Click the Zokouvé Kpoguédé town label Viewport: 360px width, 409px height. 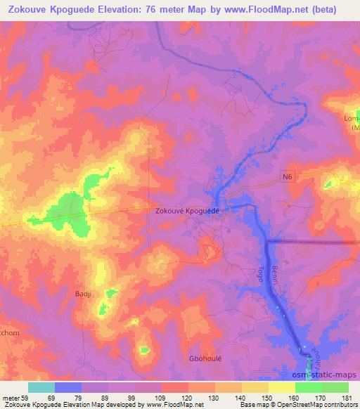(x=187, y=211)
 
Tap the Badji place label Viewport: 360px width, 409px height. (x=84, y=294)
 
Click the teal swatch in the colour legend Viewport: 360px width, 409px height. (x=41, y=387)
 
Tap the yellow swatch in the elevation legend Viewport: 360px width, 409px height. (x=282, y=387)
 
